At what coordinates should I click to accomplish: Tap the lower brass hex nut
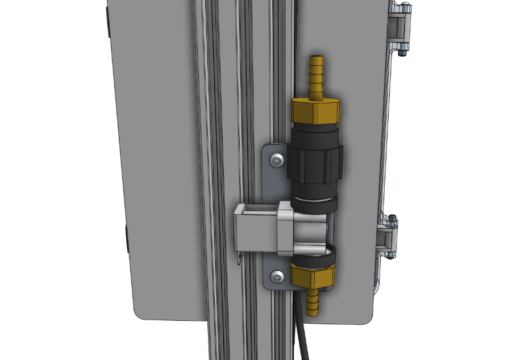tap(313, 277)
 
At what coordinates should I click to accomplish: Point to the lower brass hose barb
tap(313, 301)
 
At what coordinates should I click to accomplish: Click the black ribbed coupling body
tap(314, 165)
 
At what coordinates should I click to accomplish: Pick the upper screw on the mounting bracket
tap(276, 161)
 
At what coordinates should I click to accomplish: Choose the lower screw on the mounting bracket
tap(277, 277)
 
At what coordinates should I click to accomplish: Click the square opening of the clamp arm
tap(255, 210)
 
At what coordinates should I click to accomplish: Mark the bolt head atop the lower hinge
tap(393, 217)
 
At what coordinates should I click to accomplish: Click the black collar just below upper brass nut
tap(315, 136)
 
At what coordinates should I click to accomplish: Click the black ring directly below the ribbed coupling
tap(314, 203)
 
